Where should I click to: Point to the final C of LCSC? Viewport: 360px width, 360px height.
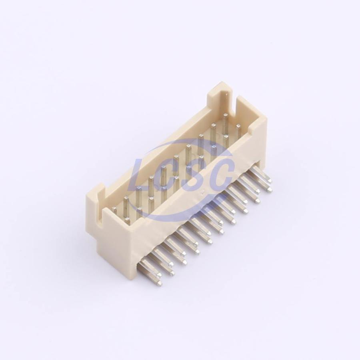(x=220, y=172)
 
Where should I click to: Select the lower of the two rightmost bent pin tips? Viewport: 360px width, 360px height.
(x=269, y=189)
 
